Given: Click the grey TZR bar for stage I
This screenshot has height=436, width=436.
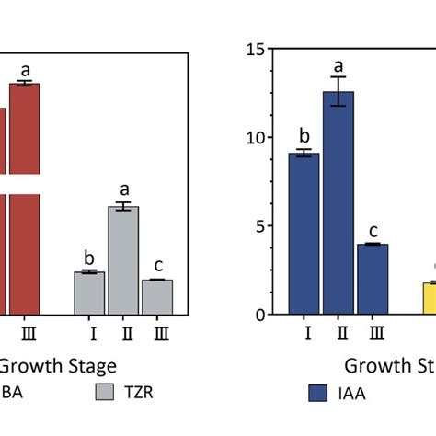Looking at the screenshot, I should (89, 293).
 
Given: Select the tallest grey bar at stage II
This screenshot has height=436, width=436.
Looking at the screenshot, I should (123, 260).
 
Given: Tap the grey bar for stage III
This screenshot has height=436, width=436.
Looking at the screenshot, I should (157, 296).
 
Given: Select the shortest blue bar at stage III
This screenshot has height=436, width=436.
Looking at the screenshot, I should (372, 279).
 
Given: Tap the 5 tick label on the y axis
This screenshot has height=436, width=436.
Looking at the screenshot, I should (260, 226).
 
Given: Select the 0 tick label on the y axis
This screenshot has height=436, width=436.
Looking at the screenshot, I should (260, 315).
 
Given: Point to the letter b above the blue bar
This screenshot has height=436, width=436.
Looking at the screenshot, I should (304, 135).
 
